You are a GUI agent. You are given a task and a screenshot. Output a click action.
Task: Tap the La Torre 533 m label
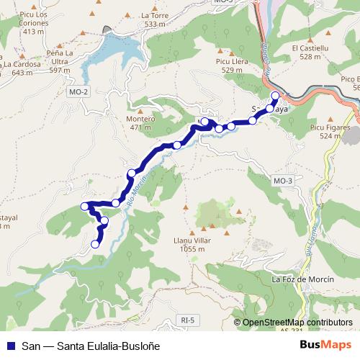[x=154, y=19]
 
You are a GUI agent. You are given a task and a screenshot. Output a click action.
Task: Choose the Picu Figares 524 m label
[x=329, y=131]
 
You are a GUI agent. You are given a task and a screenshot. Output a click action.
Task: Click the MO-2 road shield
[x=78, y=91]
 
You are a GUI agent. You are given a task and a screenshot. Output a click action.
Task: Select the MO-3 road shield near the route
[x=283, y=180]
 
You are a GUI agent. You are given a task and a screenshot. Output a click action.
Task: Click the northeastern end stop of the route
[x=274, y=96]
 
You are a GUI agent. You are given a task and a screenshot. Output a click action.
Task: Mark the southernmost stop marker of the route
[x=94, y=245]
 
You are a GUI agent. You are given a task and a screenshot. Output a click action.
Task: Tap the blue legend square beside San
[x=10, y=344]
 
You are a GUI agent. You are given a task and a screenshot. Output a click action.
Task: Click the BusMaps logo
[x=325, y=344]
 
